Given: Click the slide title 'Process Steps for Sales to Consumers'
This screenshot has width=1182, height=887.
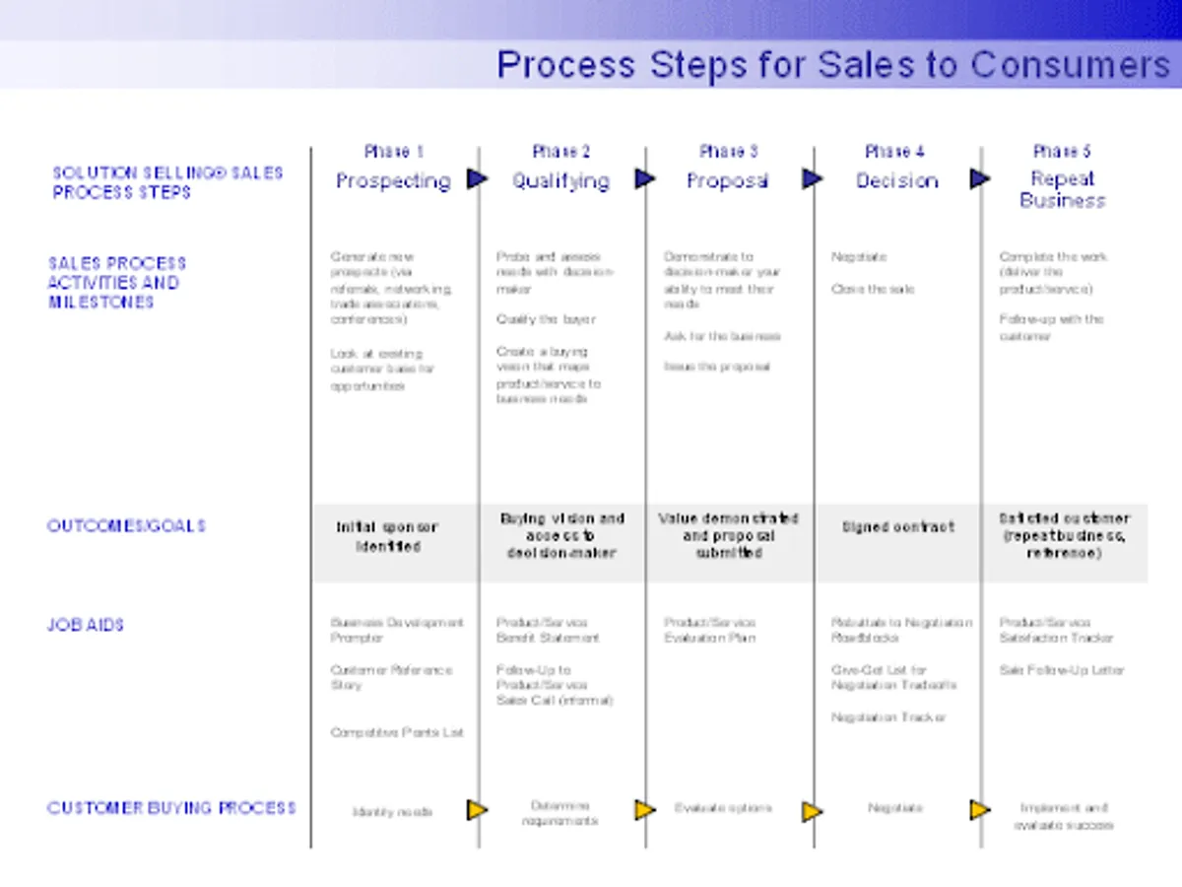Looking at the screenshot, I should [832, 65].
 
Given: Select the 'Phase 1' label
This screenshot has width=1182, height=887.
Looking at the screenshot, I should [393, 151].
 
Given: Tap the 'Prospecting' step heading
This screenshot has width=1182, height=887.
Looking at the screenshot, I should [393, 180].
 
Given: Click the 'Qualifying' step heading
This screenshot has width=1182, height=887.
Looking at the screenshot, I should [560, 180].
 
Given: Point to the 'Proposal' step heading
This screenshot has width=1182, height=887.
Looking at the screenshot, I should [727, 180].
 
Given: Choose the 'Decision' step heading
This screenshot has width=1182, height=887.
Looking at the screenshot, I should [896, 180].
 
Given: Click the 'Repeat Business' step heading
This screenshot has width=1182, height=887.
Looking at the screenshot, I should [1062, 189].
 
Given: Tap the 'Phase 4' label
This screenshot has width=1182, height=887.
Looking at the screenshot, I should [894, 151].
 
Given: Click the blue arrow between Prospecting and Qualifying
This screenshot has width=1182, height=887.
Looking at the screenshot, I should [478, 178].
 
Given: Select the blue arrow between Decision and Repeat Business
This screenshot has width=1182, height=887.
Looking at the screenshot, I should [979, 178].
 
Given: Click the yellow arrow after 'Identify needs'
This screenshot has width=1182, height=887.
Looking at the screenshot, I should [477, 810].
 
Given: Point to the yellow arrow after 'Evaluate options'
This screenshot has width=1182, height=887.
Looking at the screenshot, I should [812, 811].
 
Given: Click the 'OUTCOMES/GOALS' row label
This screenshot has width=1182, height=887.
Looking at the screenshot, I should [126, 525].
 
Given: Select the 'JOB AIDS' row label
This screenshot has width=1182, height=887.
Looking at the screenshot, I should [86, 624].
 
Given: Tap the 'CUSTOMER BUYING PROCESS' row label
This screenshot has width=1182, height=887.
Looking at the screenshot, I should [171, 807].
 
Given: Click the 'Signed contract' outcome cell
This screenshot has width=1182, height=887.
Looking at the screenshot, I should [897, 527].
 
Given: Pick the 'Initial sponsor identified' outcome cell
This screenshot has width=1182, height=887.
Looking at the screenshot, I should [387, 537].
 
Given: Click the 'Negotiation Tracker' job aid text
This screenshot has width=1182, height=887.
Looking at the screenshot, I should [887, 716].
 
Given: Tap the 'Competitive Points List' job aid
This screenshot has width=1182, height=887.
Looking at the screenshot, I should [396, 732].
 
